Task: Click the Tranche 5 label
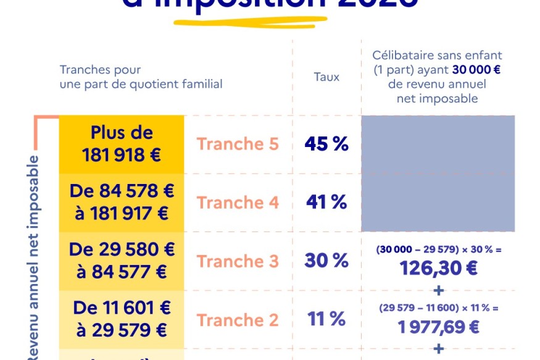point(238,144)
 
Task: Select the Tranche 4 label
point(238,203)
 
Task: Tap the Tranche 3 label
point(238,261)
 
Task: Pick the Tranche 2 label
point(238,320)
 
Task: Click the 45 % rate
point(326,144)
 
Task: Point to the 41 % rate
point(326,203)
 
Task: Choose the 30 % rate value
point(326,261)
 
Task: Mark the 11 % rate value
point(326,320)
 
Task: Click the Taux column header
point(326,77)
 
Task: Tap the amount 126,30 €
point(438,269)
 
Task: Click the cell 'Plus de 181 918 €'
point(122,144)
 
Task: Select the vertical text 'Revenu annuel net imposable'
point(34,256)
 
